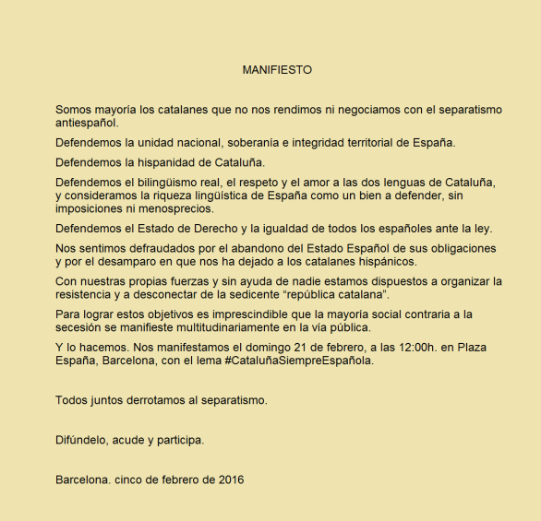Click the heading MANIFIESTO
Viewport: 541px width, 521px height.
pos(277,69)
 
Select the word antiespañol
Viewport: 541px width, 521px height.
pos(87,123)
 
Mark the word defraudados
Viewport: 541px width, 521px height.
pos(164,249)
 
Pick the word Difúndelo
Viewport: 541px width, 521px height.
pos(80,440)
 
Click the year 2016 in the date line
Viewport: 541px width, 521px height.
pos(230,480)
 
